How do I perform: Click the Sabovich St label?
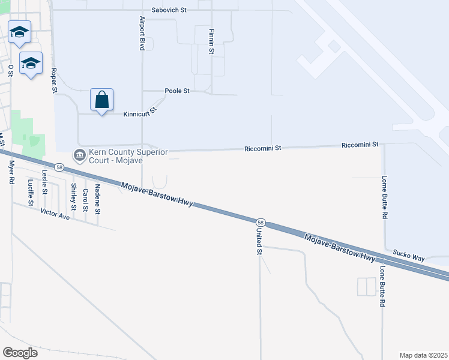170,10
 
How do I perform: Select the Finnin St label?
211,41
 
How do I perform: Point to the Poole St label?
177,91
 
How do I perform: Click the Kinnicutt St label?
139,112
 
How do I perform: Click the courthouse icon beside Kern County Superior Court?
79,155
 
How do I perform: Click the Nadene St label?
98,200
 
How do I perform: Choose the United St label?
260,241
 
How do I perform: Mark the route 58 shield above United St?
259,222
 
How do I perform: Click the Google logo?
20,352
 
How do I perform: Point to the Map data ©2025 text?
423,355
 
